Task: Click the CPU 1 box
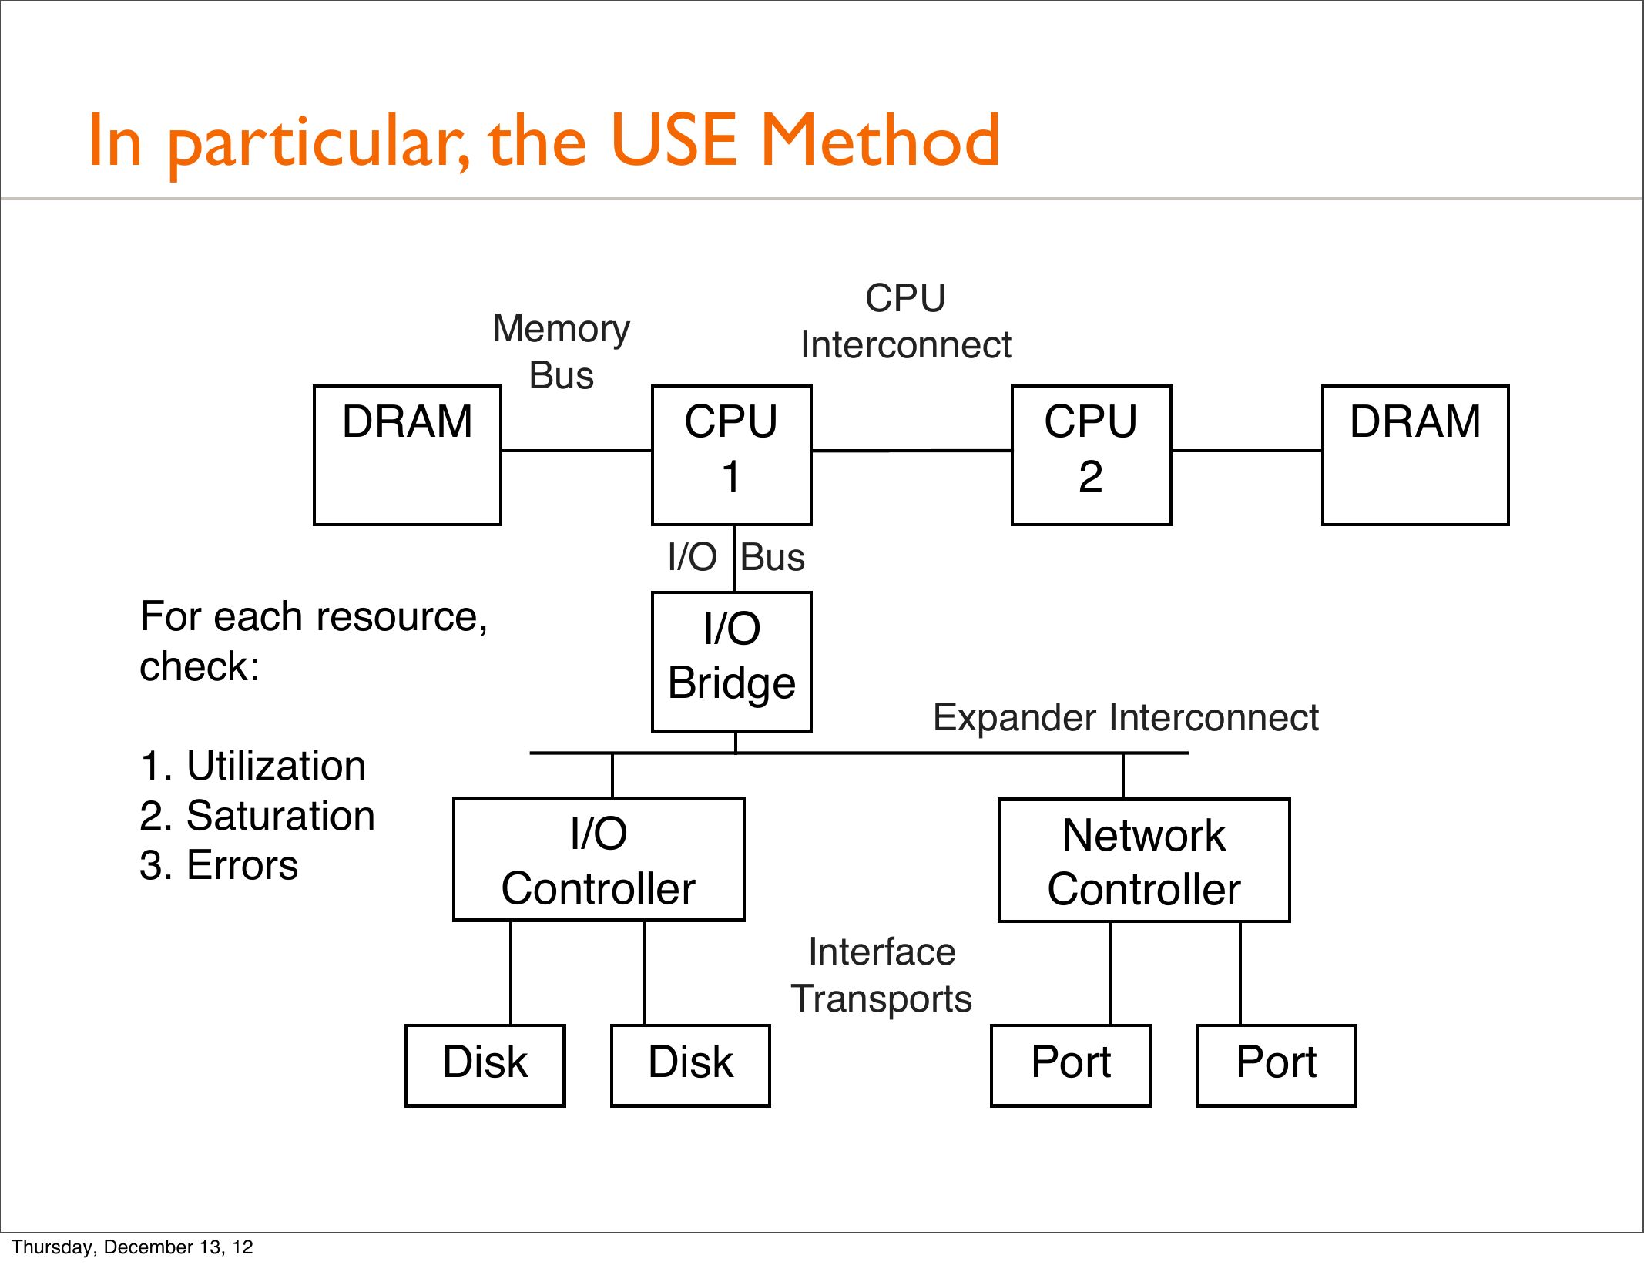pyautogui.click(x=731, y=455)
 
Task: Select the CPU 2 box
pyautogui.click(x=1091, y=455)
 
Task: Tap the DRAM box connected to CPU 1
pyautogui.click(x=408, y=455)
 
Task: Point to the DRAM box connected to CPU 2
pyautogui.click(x=1415, y=455)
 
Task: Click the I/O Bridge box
pyautogui.click(x=731, y=661)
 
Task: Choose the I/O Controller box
pyautogui.click(x=599, y=859)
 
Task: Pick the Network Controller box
pyautogui.click(x=1144, y=860)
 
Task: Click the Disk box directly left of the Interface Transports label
pyautogui.click(x=690, y=1065)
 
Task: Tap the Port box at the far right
pyautogui.click(x=1276, y=1065)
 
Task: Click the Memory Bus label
pyautogui.click(x=561, y=352)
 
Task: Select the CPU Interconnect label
pyautogui.click(x=905, y=321)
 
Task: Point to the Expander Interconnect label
pyautogui.click(x=1126, y=717)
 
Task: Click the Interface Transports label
pyautogui.click(x=882, y=975)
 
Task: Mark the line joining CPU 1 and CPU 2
pyautogui.click(x=911, y=450)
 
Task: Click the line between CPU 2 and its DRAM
pyautogui.click(x=1246, y=451)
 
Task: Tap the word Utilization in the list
pyautogui.click(x=276, y=766)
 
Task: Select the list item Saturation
pyautogui.click(x=280, y=816)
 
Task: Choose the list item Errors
pyautogui.click(x=242, y=865)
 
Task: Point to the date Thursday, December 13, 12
pyautogui.click(x=133, y=1247)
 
